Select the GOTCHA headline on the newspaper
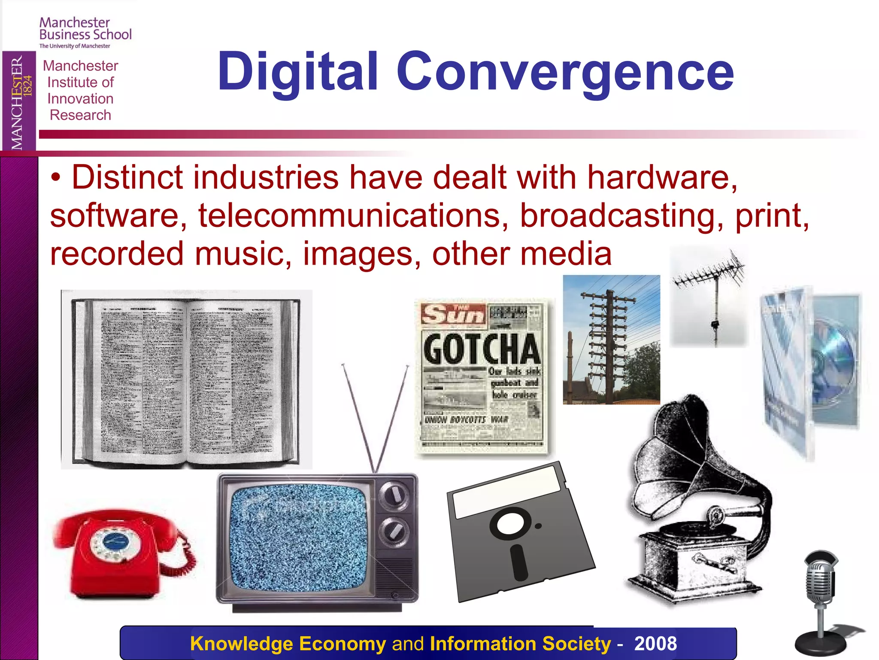[482, 349]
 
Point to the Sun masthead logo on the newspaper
[453, 315]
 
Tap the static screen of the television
[298, 537]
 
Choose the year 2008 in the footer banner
[655, 644]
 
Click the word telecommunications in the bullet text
[349, 216]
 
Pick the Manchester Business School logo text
[85, 29]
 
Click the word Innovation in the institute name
[80, 99]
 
